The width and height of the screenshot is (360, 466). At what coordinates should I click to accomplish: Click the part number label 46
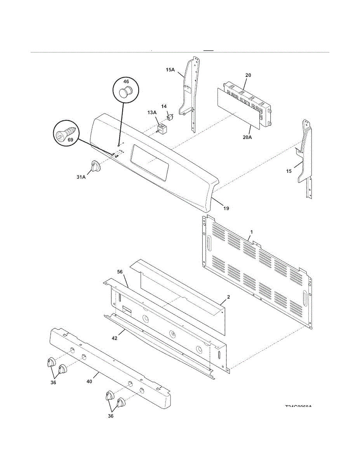click(126, 82)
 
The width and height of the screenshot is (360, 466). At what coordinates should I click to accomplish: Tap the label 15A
click(170, 70)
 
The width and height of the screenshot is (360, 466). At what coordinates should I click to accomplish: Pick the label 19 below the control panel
click(226, 208)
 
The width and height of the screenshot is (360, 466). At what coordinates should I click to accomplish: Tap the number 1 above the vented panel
click(251, 232)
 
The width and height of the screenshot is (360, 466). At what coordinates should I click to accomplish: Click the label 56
click(121, 272)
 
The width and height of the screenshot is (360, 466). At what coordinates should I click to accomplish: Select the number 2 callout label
click(229, 297)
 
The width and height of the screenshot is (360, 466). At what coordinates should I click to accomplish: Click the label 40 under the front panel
click(89, 382)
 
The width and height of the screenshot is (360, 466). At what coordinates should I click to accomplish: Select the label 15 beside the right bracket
click(289, 171)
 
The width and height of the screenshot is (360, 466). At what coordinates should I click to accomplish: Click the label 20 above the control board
click(248, 75)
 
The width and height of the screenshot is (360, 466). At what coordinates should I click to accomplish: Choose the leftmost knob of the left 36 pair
click(50, 362)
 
